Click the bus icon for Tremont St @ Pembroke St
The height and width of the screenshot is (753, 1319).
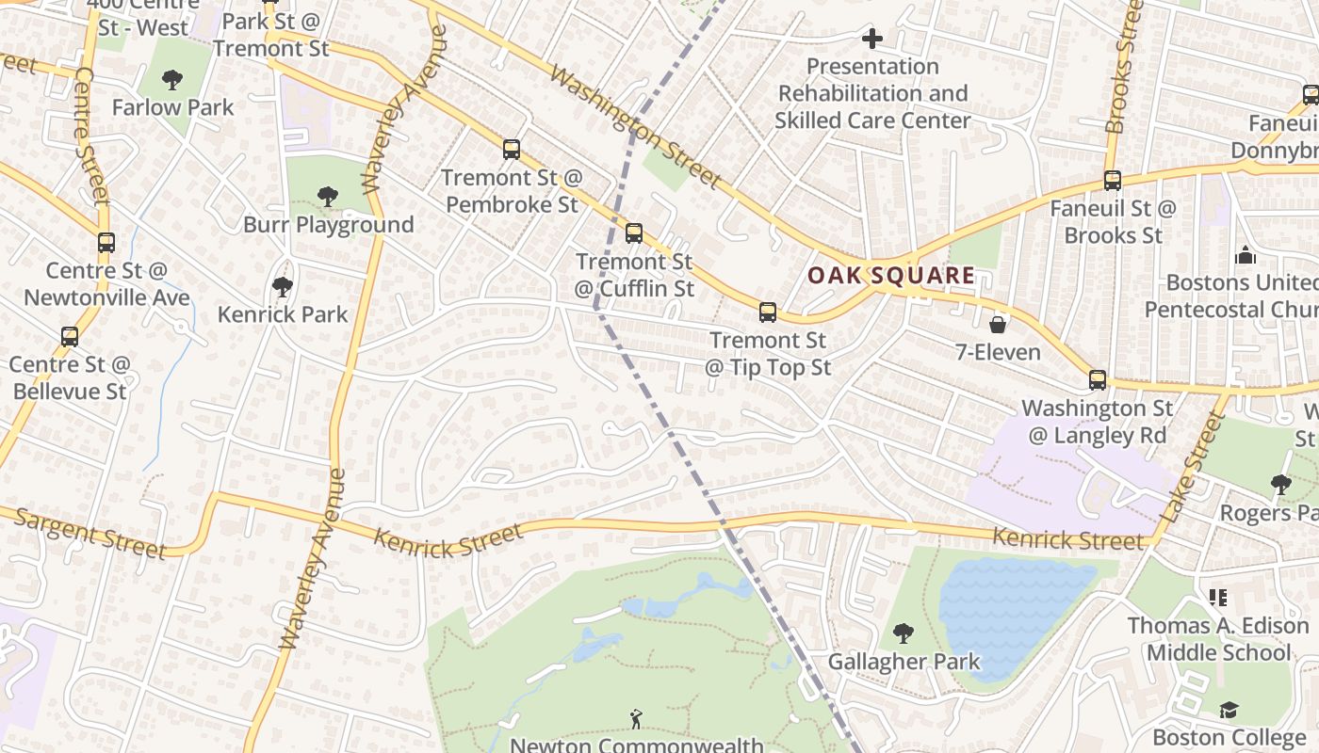512,149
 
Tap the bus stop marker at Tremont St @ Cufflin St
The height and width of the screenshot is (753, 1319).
634,232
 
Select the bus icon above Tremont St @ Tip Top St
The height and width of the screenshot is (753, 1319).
768,312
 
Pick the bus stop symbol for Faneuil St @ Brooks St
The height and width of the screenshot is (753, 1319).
1113,180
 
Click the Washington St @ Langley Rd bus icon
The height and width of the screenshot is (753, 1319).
1098,379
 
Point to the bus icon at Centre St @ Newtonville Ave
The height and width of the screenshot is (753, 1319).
106,242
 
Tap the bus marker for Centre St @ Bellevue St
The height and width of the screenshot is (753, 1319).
70,336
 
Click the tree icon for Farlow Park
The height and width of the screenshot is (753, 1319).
172,79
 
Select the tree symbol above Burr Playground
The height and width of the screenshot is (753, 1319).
328,196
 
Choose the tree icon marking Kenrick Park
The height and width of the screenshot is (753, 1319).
282,286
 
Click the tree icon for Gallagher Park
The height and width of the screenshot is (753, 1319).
904,633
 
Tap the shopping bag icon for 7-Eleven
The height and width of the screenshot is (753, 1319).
997,325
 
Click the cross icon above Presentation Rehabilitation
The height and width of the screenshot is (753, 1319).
872,39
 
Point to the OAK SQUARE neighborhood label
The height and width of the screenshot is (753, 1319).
891,275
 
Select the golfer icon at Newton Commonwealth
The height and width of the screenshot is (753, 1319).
636,719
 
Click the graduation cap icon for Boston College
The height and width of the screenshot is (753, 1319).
1229,709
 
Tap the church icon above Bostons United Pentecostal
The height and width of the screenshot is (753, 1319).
1246,255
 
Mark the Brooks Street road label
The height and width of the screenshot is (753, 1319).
1125,66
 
